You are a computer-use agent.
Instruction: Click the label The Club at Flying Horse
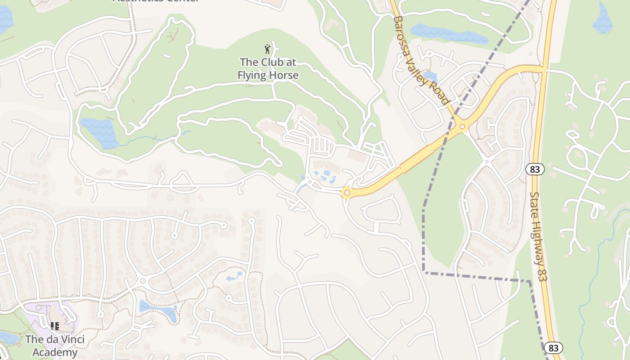[268, 68]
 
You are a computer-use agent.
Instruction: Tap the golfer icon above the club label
[268, 49]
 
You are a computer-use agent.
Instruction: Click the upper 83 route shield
[535, 169]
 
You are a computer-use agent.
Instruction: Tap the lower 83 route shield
[553, 348]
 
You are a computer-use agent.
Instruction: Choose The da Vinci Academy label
[54, 346]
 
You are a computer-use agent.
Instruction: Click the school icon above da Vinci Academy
[54, 326]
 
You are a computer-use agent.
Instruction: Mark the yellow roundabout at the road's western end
[346, 193]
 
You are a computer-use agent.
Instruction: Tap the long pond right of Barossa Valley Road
[449, 34]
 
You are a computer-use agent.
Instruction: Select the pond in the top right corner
[603, 18]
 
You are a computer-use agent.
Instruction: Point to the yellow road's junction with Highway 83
[543, 69]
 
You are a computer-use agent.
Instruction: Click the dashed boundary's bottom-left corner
[424, 271]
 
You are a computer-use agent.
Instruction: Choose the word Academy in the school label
[55, 352]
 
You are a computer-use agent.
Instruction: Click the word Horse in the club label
[283, 75]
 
